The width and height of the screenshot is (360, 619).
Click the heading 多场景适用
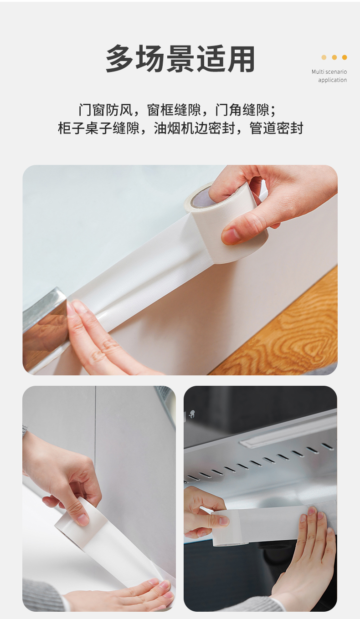click(x=180, y=59)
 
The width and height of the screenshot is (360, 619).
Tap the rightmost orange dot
click(x=344, y=57)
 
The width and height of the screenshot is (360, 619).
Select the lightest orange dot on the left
click(x=324, y=57)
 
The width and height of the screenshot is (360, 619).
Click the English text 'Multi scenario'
click(x=329, y=72)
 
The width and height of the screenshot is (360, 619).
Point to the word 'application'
click(x=332, y=80)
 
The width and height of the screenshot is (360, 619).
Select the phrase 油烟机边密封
click(x=194, y=128)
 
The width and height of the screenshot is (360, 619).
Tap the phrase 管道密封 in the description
click(x=276, y=128)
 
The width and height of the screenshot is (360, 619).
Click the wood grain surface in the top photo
click(x=288, y=332)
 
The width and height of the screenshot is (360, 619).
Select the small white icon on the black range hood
click(x=191, y=414)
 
